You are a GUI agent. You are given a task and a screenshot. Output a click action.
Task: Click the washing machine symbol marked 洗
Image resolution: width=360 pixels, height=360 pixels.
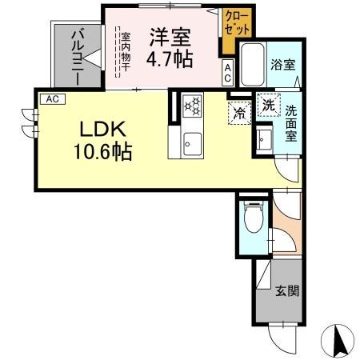268,105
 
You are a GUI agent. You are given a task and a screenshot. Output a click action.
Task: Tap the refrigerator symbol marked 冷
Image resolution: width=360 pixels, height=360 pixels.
238,114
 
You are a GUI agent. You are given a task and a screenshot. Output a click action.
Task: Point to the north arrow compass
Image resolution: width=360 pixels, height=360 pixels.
338,341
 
